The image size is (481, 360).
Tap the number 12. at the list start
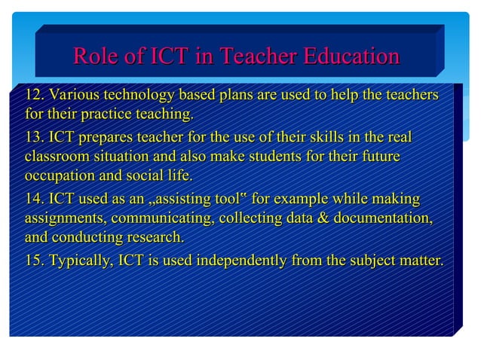[x=35, y=96]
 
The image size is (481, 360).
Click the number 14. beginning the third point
[x=35, y=200]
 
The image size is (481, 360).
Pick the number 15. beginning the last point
[x=35, y=261]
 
